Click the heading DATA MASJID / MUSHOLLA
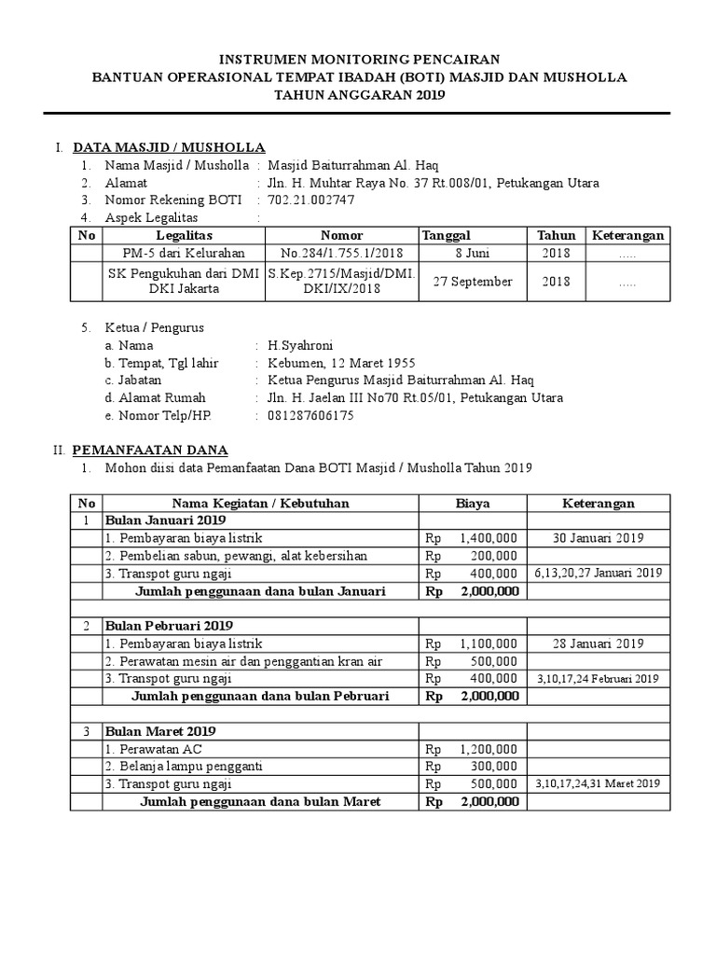(169, 147)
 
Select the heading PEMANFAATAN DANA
(150, 450)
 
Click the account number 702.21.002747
(310, 200)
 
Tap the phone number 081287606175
(310, 416)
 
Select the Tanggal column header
(447, 235)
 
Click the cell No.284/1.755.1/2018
(341, 253)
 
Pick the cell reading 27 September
(473, 282)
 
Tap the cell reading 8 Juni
(473, 253)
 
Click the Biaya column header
(473, 503)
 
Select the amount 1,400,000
(487, 538)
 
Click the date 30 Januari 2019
(598, 538)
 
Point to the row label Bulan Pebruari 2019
(169, 626)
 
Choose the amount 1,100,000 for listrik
(487, 644)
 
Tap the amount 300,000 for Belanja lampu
(495, 767)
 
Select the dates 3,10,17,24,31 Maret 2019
(598, 784)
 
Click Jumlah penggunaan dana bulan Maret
(260, 802)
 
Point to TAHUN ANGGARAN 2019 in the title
(358, 95)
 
